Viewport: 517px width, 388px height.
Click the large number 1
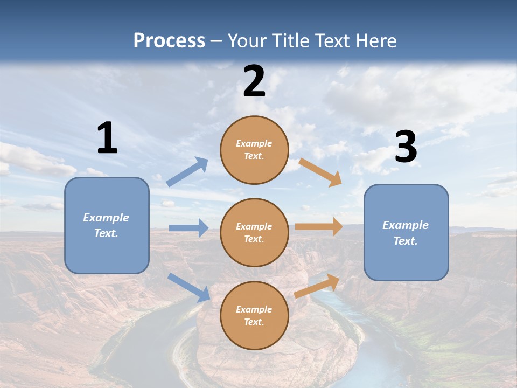tap(107, 138)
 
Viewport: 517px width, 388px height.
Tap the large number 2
tap(254, 81)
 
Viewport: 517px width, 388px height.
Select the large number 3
tap(406, 147)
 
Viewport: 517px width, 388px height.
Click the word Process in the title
tap(169, 40)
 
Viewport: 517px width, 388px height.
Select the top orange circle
tap(254, 150)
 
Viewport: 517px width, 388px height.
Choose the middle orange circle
tap(254, 233)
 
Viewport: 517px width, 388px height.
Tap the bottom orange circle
tap(254, 316)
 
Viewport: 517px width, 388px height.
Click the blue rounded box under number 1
tap(107, 225)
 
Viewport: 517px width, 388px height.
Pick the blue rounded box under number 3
tap(406, 232)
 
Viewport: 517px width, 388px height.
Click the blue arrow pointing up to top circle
tap(187, 172)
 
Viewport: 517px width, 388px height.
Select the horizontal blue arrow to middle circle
tap(189, 228)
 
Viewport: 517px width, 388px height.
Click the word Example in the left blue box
tap(106, 218)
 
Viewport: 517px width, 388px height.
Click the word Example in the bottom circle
tap(254, 309)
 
